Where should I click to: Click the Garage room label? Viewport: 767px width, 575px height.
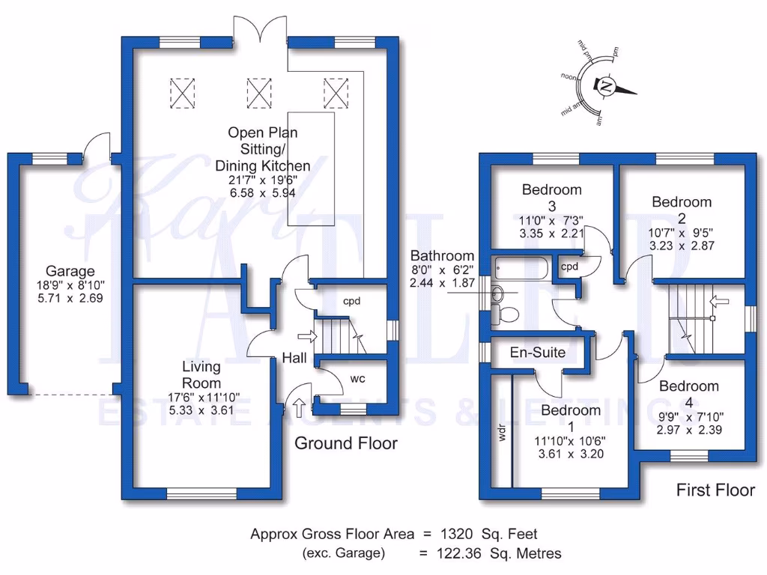pos(70,271)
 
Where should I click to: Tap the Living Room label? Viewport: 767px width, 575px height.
pos(201,374)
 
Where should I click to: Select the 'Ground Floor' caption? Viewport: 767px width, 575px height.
pos(345,443)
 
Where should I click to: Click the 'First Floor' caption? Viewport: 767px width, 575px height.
pos(715,490)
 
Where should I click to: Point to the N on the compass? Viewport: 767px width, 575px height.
pos(607,87)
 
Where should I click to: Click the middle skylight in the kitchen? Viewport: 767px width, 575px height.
pos(258,93)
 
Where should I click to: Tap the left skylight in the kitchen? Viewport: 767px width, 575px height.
pos(182,93)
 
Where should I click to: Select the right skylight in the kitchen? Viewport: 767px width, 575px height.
pos(335,93)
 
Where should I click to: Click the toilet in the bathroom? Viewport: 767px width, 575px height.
pos(504,312)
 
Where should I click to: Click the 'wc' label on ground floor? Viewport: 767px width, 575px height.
pos(357,379)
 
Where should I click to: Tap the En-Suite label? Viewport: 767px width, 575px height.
pos(538,352)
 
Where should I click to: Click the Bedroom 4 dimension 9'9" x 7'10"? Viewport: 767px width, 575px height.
pos(688,416)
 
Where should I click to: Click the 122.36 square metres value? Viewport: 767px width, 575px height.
pos(463,553)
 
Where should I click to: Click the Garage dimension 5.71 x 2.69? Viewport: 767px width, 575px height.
pos(70,297)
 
